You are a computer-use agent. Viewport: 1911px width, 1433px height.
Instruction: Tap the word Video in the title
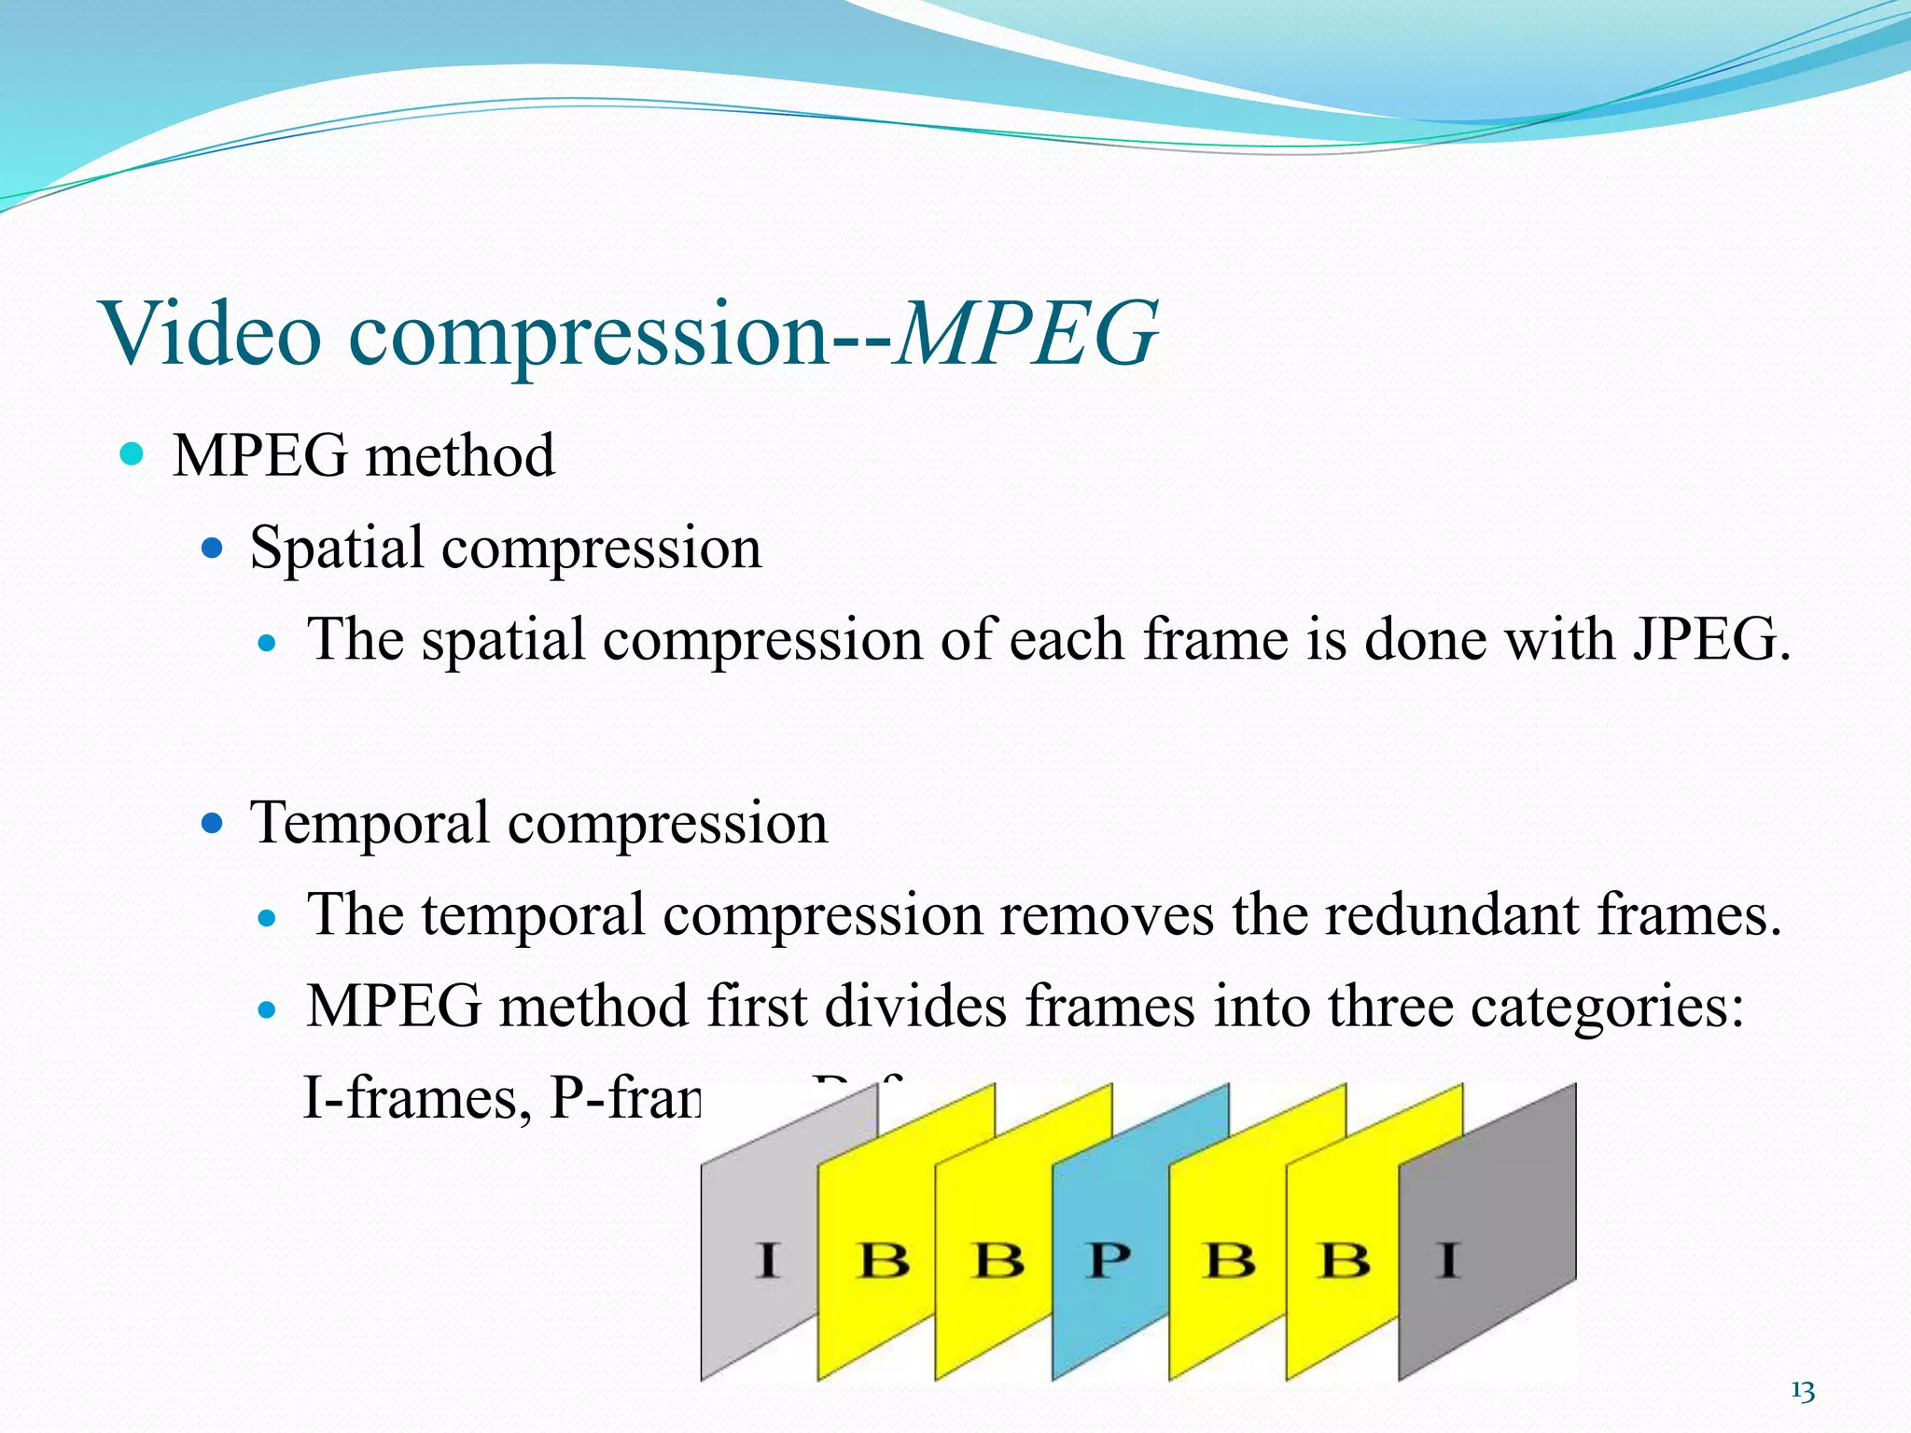tap(212, 334)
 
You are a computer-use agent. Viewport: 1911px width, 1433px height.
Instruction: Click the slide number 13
tap(1802, 1392)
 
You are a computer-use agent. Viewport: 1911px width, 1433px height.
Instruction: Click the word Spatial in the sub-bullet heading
tap(336, 548)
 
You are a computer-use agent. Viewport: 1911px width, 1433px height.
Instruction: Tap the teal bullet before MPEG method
tap(133, 455)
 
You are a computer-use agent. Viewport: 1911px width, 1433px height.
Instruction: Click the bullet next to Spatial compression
tap(213, 548)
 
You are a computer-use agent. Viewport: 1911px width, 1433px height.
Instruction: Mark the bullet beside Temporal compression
tap(213, 824)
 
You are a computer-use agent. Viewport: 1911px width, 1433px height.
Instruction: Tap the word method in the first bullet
tap(460, 456)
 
